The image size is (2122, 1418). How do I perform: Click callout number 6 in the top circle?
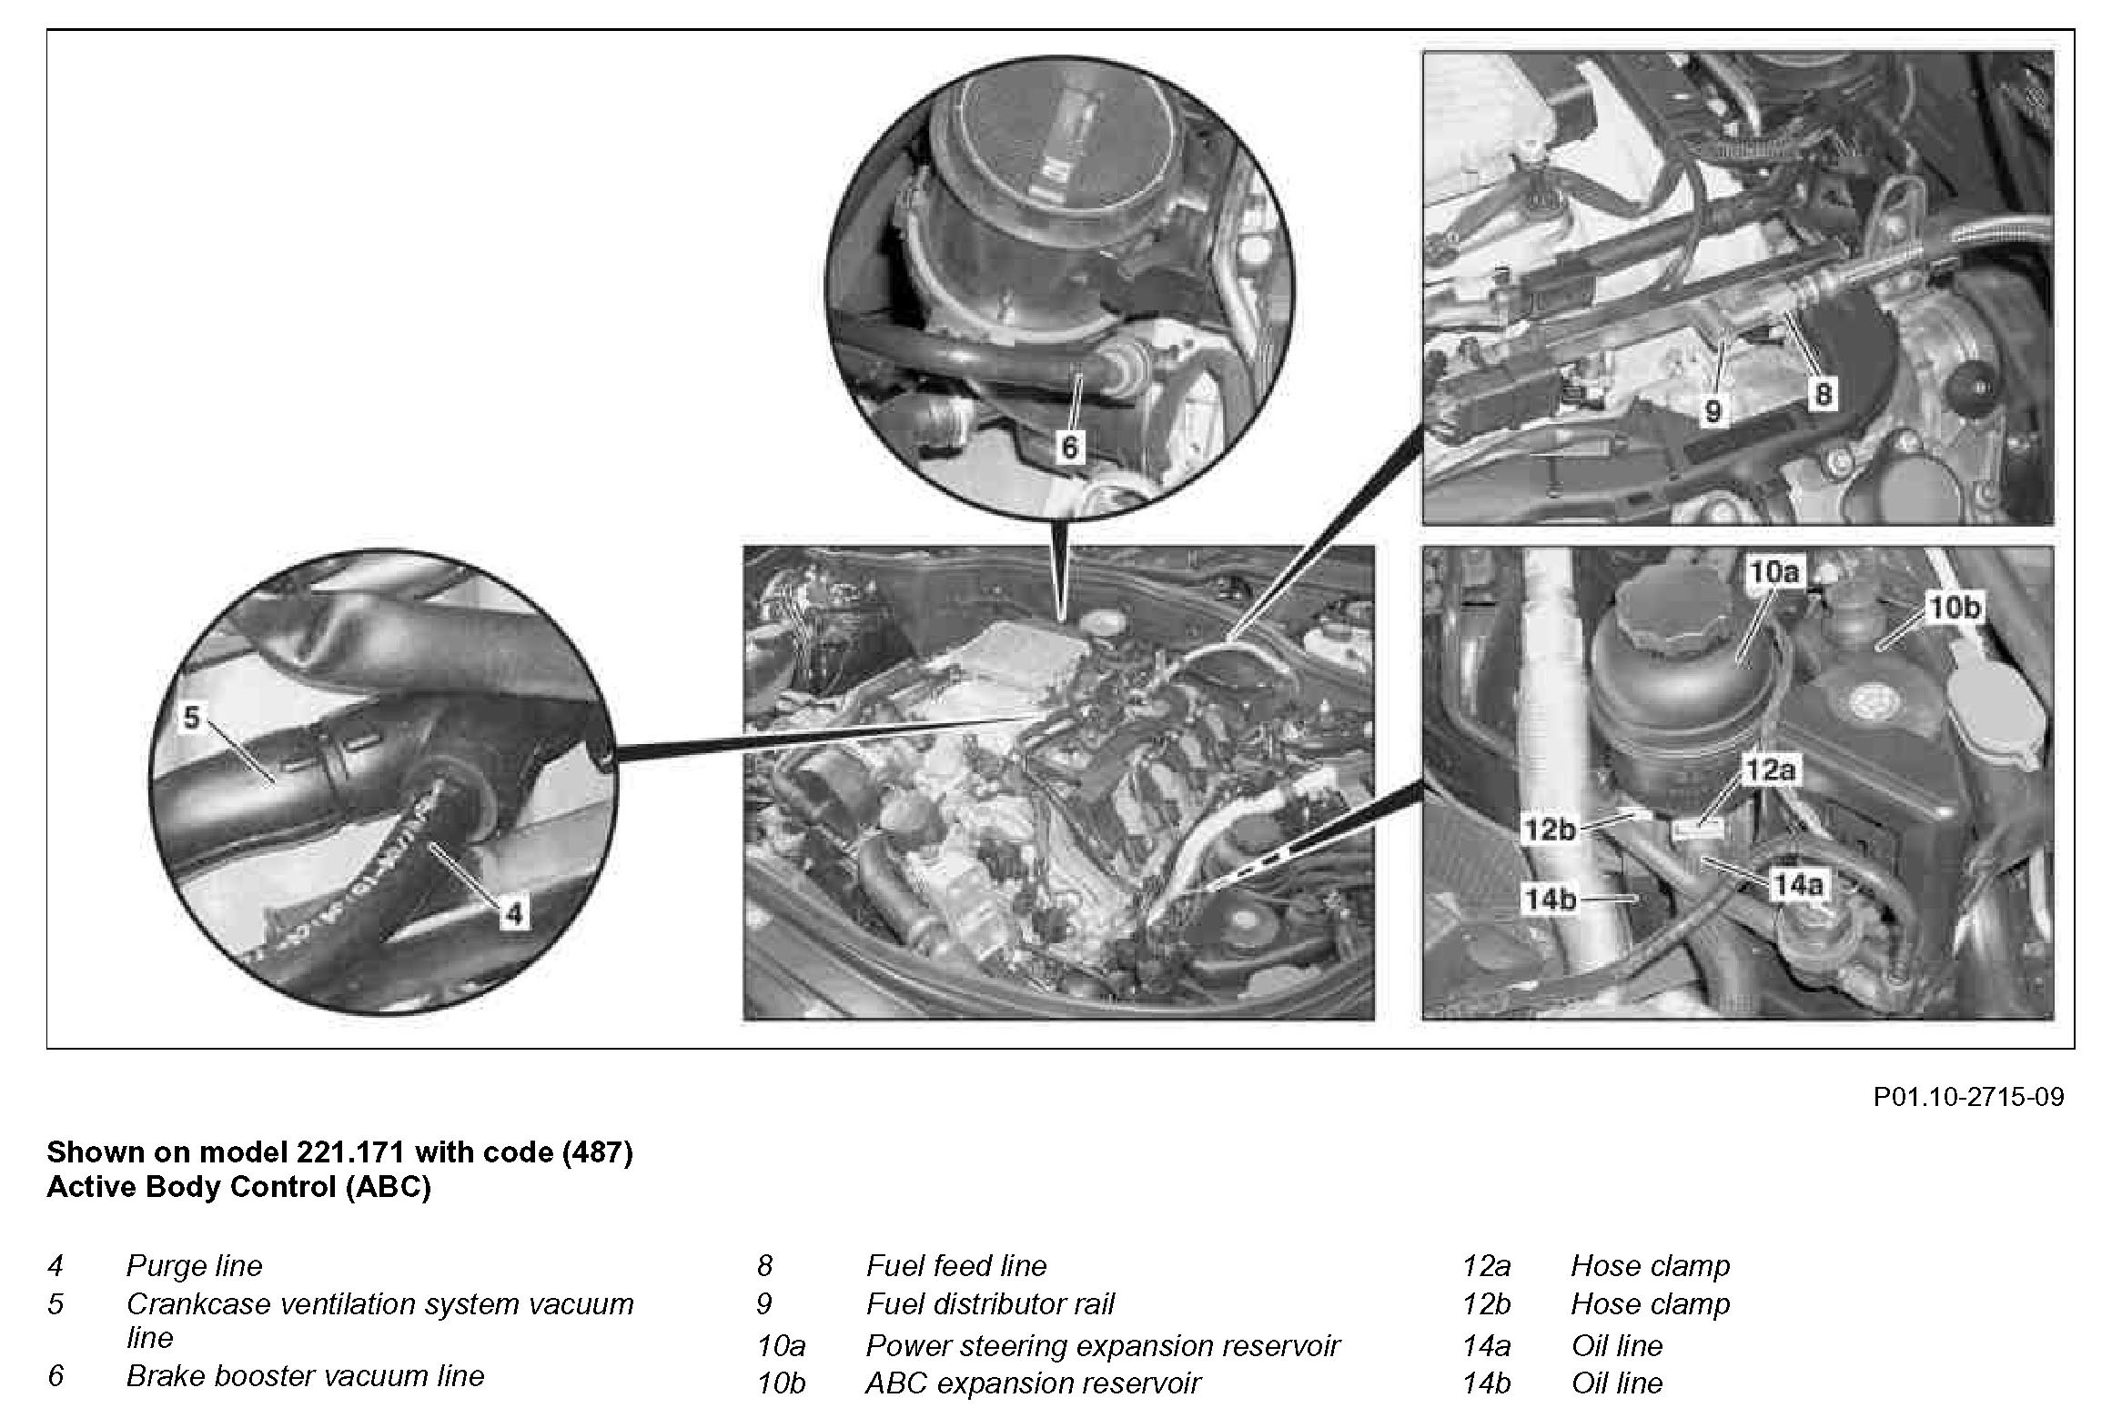[1070, 447]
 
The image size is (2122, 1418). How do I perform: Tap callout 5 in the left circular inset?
[191, 718]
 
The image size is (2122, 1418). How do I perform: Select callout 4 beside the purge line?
[514, 913]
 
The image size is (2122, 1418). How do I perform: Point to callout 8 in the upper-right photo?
[1823, 395]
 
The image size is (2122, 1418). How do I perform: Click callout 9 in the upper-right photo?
[1713, 412]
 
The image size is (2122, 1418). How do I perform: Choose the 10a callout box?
[1774, 573]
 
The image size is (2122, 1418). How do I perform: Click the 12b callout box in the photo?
[1550, 829]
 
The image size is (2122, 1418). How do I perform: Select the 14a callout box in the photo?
[1797, 884]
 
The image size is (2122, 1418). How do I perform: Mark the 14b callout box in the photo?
[1550, 900]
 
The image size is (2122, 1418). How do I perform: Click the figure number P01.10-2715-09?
[1968, 1097]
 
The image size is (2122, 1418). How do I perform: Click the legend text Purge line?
[194, 1265]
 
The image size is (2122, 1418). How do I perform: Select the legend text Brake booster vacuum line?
[305, 1375]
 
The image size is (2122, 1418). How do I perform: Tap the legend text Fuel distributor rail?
[990, 1303]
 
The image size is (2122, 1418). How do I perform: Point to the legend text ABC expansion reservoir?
[1033, 1383]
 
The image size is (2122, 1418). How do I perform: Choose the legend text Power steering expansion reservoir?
[1103, 1345]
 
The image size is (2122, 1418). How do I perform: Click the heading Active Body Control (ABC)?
[238, 1187]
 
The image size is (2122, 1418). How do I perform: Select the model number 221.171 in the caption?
[350, 1152]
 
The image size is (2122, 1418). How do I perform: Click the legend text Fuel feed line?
[956, 1265]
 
